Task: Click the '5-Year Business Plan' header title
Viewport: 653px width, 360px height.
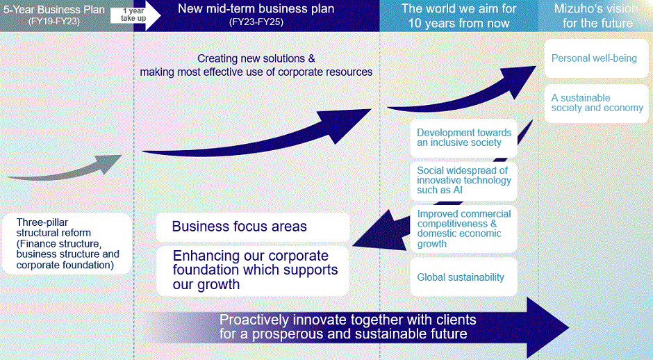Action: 54,9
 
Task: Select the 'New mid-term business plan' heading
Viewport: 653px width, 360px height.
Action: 256,9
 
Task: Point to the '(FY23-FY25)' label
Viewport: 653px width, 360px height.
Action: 256,22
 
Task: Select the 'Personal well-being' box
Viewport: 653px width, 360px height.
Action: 594,58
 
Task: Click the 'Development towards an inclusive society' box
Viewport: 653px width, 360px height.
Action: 464,138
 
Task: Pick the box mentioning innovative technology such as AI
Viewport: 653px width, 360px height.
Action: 464,180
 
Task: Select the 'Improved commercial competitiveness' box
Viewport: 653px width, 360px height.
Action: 464,229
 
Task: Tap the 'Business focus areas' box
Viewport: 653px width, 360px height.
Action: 252,227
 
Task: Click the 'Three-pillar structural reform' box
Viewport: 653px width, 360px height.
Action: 67,243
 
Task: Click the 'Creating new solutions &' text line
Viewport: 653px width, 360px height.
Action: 256,59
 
